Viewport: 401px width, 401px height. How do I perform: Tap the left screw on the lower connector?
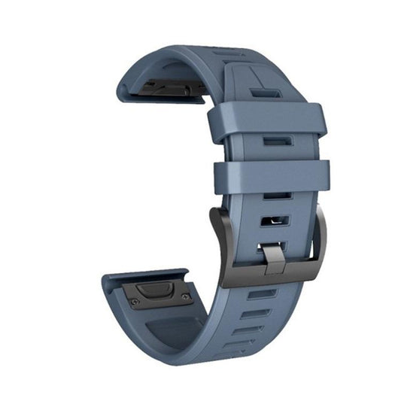pos(134,302)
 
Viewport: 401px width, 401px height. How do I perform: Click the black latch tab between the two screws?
pos(158,288)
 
